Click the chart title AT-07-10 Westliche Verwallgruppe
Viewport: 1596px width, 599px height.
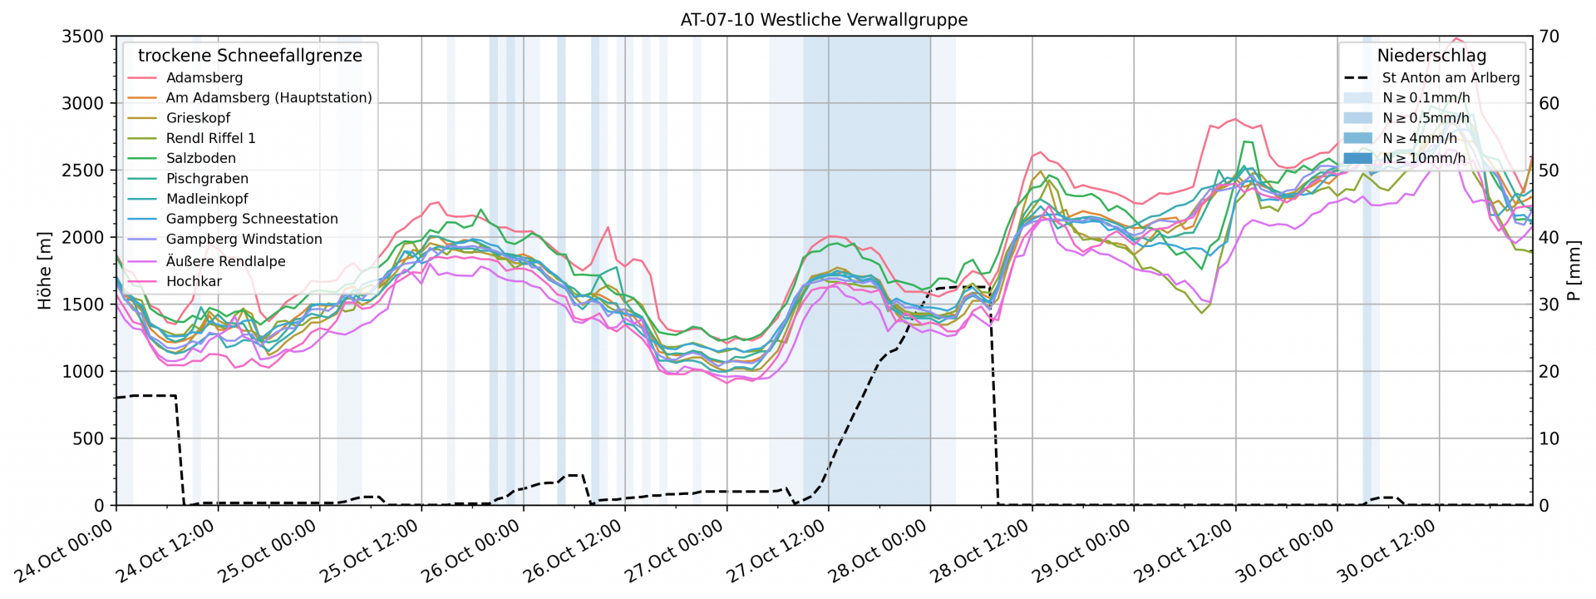click(824, 19)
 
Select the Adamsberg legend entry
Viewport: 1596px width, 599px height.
click(204, 77)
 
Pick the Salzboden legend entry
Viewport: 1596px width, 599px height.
click(200, 158)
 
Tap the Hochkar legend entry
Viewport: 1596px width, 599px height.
click(194, 281)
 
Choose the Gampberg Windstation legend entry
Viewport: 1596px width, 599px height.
click(244, 239)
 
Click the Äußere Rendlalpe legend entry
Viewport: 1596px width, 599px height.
click(225, 260)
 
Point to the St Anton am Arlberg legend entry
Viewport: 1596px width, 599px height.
click(1451, 77)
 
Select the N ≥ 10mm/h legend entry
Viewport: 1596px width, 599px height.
click(1424, 158)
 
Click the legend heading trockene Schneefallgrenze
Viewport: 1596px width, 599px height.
click(250, 55)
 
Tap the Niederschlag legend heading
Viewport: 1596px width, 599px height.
click(1431, 55)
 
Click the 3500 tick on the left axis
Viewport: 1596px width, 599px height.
click(82, 36)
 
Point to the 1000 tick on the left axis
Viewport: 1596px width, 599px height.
click(82, 371)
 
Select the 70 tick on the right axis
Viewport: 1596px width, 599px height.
click(1549, 36)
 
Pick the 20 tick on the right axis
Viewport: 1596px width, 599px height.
click(1549, 371)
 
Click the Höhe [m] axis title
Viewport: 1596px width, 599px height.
click(44, 270)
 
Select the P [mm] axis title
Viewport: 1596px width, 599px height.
click(1573, 270)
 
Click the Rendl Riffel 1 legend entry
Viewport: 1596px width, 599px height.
click(210, 138)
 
